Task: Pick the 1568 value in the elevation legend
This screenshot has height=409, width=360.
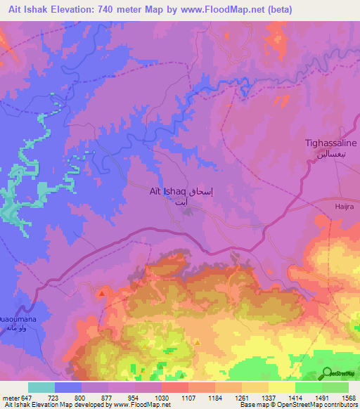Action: coord(347,397)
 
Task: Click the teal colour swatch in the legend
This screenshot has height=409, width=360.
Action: coord(41,387)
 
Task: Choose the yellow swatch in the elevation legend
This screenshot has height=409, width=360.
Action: coord(282,387)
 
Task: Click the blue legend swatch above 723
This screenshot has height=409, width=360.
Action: coord(68,387)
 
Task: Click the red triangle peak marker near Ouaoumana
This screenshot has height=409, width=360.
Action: coord(103,293)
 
